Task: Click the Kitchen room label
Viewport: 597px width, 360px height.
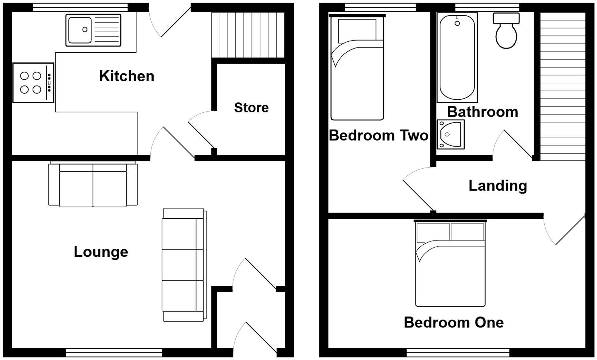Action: tap(127, 76)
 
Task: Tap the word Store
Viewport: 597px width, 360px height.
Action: tap(251, 108)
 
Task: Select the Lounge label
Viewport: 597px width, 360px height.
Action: tap(101, 252)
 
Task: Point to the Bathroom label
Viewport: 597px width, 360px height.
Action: tap(483, 112)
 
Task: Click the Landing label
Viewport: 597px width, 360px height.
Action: tap(497, 185)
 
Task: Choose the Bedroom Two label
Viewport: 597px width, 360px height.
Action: tap(378, 135)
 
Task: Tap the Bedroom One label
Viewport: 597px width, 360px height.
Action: tap(454, 322)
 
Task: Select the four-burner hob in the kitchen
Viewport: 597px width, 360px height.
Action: tap(33, 83)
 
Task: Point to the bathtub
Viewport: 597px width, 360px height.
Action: tap(457, 57)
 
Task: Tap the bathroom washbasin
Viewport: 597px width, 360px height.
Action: tap(450, 134)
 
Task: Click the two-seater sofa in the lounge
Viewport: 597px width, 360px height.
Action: tap(93, 185)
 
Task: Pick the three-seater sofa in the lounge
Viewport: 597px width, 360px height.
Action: tap(184, 265)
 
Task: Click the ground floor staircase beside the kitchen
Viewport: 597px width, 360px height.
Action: tap(248, 35)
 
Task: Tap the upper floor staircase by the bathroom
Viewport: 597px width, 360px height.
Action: tap(563, 86)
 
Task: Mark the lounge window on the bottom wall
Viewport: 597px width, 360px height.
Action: tap(114, 352)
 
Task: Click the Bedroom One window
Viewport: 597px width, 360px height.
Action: tap(458, 352)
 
